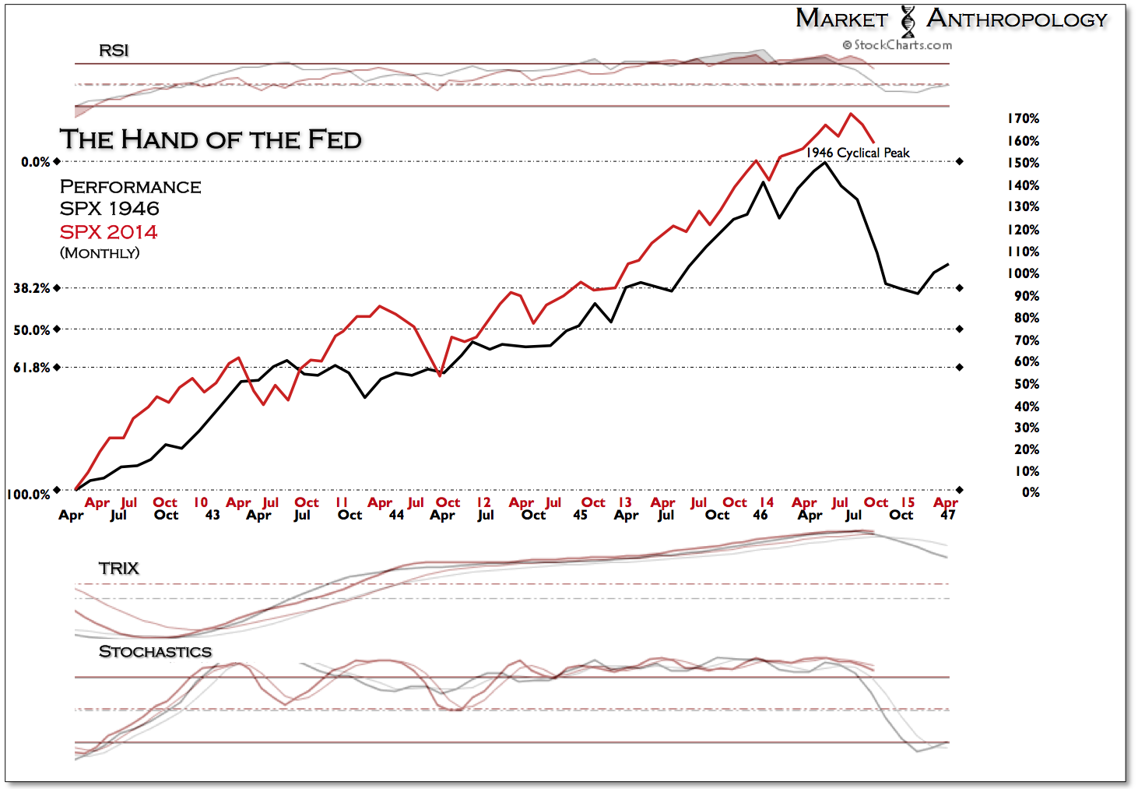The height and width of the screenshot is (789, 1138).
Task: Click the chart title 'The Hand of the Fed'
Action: (x=210, y=139)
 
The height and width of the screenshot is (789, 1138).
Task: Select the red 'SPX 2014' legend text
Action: (x=108, y=232)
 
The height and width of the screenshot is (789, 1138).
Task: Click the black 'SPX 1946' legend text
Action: (x=109, y=209)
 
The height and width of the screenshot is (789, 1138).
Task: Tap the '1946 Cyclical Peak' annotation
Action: (x=857, y=153)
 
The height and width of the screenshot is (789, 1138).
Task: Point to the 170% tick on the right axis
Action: (x=1023, y=118)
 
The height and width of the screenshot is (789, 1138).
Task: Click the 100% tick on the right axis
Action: (x=1023, y=273)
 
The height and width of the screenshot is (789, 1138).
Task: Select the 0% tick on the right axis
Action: (x=1030, y=492)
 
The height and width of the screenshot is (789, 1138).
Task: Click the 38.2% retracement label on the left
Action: (x=31, y=288)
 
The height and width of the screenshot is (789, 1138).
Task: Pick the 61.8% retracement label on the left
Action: (x=31, y=367)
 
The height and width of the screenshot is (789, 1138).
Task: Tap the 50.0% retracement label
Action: (x=31, y=329)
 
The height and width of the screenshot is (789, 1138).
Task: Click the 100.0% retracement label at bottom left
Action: (x=28, y=495)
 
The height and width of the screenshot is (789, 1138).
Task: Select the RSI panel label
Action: (x=113, y=51)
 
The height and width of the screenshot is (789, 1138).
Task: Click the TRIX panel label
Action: (x=118, y=569)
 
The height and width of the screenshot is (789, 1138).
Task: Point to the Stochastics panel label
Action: (x=155, y=652)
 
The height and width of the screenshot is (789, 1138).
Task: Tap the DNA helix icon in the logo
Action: (x=908, y=21)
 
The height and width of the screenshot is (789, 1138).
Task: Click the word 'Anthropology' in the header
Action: (x=1017, y=19)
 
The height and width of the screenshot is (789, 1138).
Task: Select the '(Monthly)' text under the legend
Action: (x=100, y=253)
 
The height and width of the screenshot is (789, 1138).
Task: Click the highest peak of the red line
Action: (x=851, y=114)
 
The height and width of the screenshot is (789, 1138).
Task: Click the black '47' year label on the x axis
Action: (x=947, y=515)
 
